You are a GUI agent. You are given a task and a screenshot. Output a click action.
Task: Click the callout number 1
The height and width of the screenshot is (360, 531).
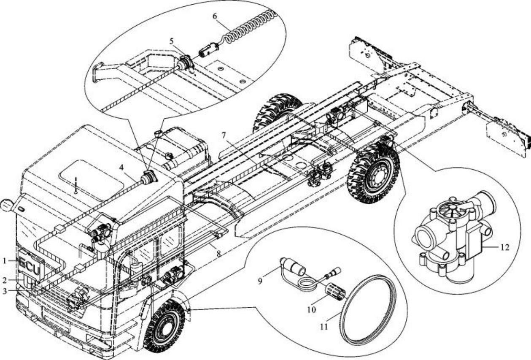click(5, 261)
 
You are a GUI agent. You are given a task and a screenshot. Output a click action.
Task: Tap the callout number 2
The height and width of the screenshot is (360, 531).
click(5, 279)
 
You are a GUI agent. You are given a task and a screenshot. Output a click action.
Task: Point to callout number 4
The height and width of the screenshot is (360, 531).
click(122, 167)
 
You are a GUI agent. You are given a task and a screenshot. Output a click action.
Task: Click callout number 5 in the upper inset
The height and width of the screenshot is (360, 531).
click(171, 41)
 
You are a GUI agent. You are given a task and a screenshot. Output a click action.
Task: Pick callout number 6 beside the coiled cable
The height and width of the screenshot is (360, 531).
click(215, 16)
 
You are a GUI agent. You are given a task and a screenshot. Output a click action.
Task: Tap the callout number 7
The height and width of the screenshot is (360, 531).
click(224, 135)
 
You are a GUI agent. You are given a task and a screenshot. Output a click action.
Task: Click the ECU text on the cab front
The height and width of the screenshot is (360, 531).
click(31, 268)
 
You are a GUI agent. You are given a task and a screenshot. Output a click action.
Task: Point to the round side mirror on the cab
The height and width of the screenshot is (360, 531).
click(6, 205)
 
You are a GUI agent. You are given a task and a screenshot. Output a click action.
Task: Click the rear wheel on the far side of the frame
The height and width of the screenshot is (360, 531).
click(276, 112)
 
